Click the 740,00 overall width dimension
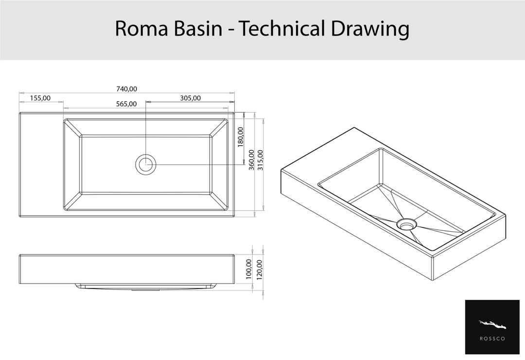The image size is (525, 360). [126, 89]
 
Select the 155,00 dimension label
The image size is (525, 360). [40, 98]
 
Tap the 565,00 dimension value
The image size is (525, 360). [126, 104]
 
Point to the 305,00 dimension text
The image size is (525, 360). [190, 98]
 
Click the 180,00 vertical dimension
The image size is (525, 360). [241, 137]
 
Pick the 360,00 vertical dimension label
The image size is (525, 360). [251, 160]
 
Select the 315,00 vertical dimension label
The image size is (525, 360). [260, 160]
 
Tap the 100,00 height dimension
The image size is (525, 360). [249, 269]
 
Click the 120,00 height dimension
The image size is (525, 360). [259, 269]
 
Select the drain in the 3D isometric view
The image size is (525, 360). [406, 224]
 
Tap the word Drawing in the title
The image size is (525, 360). [370, 29]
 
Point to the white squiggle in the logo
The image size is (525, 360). [492, 324]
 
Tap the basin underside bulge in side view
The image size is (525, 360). [146, 287]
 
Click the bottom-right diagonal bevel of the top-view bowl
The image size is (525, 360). [219, 202]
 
